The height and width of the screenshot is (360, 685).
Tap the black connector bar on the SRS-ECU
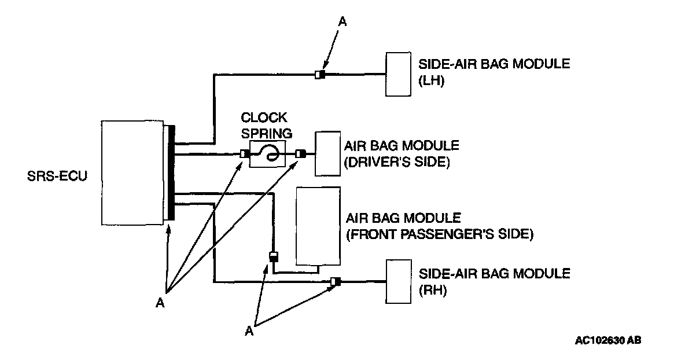172,174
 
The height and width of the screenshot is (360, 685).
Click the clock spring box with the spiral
268,154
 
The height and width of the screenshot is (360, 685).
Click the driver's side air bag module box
327,153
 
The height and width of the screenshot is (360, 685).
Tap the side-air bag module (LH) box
399,74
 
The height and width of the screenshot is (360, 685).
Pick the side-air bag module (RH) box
399,282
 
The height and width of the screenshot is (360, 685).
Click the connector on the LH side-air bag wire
320,74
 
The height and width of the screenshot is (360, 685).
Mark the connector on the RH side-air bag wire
336,282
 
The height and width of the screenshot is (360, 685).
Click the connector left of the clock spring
245,154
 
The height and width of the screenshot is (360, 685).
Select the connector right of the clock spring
300,154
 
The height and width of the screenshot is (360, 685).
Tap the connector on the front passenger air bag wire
274,256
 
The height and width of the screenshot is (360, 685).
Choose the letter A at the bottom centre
249,330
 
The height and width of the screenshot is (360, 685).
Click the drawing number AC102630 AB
607,340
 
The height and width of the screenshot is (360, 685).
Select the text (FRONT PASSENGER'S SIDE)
439,234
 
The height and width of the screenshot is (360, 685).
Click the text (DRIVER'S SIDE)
397,162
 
